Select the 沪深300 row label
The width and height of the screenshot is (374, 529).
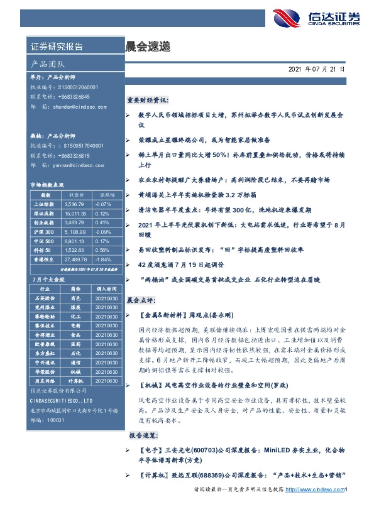click(x=43, y=231)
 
